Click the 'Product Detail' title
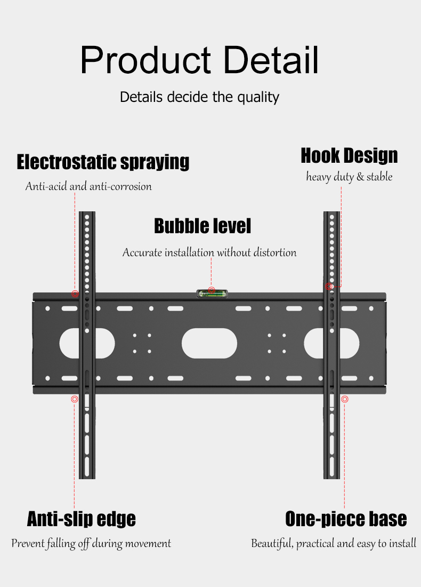199,60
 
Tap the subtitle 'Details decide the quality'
199,97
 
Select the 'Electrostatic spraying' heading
103,161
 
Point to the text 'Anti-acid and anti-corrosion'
88,186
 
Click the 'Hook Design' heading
349,156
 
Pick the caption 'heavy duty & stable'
349,177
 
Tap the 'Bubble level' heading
202,226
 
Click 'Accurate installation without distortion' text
209,252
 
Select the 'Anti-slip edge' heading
81,519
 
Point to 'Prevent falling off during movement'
91,544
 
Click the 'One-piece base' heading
346,519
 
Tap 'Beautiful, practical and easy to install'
334,544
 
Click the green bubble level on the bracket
212,292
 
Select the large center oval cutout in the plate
209,343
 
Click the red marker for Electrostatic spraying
75,293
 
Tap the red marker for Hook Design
329,287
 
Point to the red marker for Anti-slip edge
75,399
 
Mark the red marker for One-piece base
345,399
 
